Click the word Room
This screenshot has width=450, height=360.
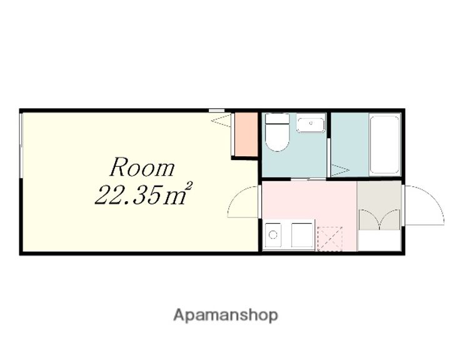(x=142, y=167)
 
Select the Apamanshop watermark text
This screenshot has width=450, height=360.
(x=226, y=316)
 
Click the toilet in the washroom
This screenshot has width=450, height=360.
(x=277, y=132)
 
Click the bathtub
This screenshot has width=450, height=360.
(x=385, y=144)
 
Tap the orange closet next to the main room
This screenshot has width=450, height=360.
(x=246, y=134)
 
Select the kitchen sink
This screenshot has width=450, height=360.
(x=273, y=235)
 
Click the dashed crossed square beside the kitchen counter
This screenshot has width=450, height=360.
(x=330, y=239)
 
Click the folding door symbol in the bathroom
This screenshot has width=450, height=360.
(x=341, y=170)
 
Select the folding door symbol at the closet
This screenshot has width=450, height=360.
(x=221, y=120)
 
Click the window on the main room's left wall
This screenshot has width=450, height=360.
(x=21, y=146)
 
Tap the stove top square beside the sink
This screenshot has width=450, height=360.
(x=302, y=235)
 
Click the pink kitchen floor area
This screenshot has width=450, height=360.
(x=309, y=201)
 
